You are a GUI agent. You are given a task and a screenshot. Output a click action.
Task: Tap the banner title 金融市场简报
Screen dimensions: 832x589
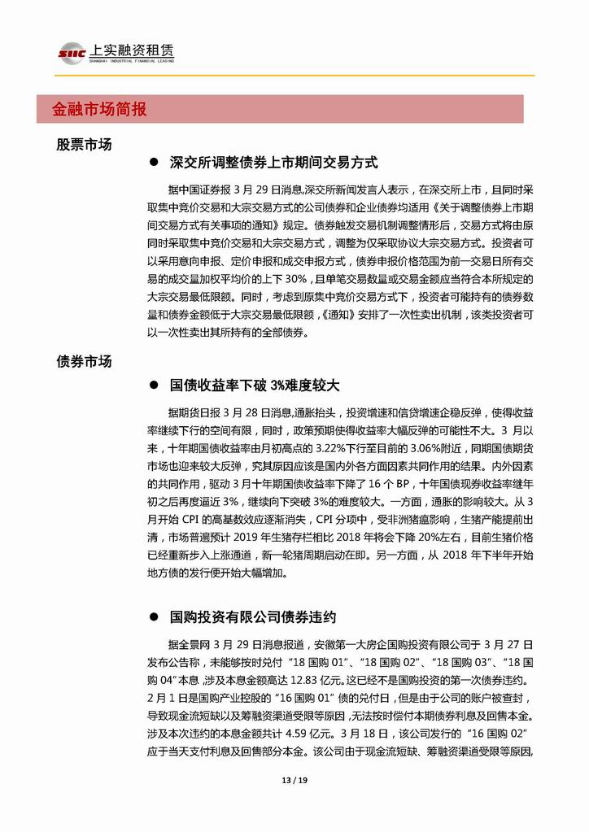tap(99, 109)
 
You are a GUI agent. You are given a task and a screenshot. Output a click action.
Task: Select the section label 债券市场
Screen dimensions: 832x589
tap(84, 361)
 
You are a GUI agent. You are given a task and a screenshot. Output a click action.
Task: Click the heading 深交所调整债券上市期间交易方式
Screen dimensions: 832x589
tap(274, 163)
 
